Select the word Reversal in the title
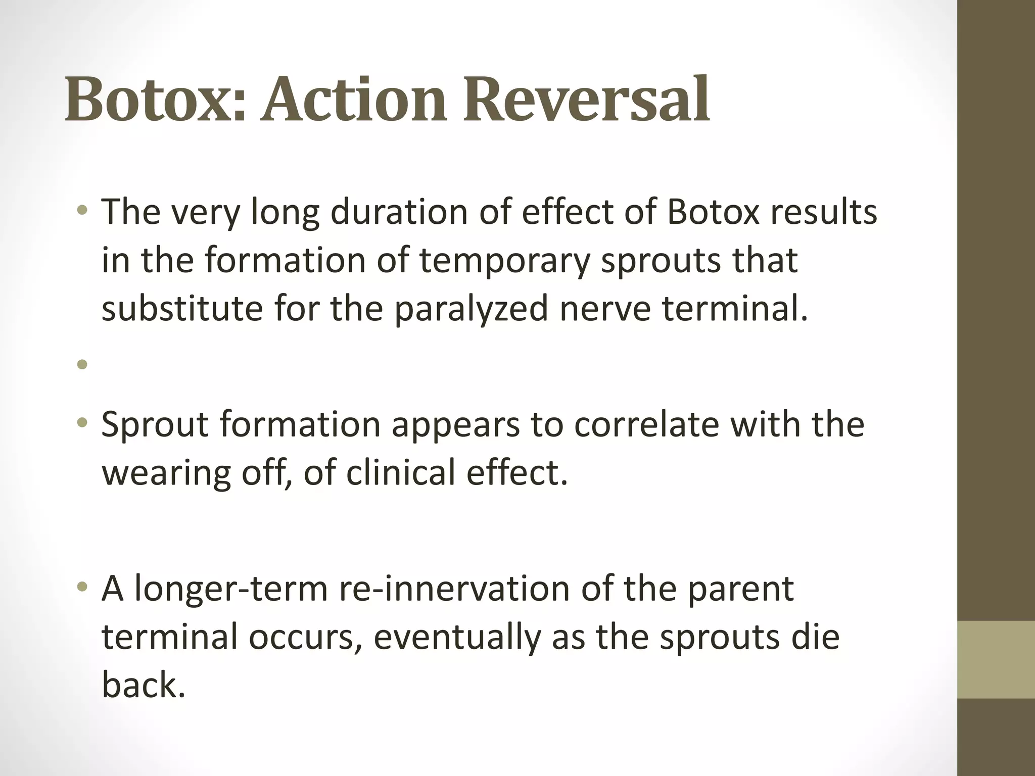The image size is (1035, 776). pos(587,99)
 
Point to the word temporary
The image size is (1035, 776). pos(504,261)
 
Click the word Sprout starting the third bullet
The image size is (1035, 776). pos(155,425)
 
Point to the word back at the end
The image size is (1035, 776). pos(143,685)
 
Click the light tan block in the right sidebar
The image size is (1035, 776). pos(996,660)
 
